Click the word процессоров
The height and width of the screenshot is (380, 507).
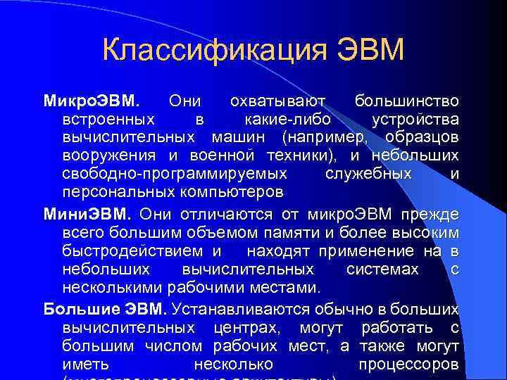pos(409,365)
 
